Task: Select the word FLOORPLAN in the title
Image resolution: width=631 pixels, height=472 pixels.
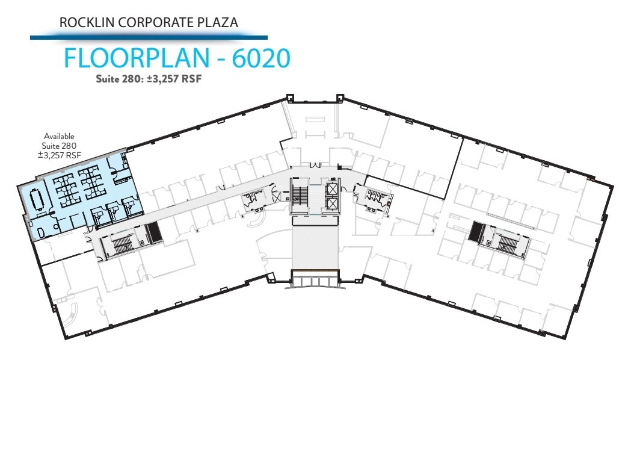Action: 138,58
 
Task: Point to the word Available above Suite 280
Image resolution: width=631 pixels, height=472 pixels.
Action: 59,137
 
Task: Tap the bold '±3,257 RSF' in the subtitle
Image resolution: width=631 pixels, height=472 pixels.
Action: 173,78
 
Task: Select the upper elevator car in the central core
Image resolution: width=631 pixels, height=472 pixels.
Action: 331,188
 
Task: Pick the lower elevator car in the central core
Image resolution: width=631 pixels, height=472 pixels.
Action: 331,203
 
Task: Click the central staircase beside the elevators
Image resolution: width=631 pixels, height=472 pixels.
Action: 300,196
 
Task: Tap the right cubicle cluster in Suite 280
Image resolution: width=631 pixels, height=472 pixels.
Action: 93,184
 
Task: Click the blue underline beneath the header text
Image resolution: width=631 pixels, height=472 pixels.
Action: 149,37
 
